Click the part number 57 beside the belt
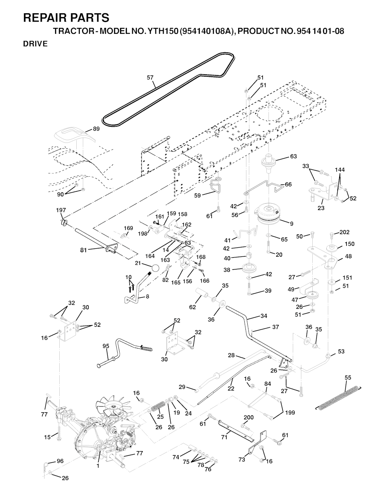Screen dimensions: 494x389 point(150,78)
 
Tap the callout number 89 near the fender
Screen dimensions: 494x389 point(96,129)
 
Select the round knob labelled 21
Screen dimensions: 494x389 point(155,268)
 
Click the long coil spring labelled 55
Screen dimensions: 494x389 point(339,397)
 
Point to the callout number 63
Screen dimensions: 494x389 point(293,156)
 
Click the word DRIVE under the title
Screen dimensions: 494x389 point(35,44)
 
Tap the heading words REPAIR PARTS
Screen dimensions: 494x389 point(66,18)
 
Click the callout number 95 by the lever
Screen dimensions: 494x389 point(106,346)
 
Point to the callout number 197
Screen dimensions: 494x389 point(61,210)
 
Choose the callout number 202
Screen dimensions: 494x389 point(344,232)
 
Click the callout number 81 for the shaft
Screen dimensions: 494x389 point(83,250)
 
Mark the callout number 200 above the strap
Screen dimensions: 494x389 point(248,417)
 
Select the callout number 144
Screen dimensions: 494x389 point(340,169)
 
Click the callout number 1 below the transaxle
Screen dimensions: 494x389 point(98,466)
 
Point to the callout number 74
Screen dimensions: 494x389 point(175,457)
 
